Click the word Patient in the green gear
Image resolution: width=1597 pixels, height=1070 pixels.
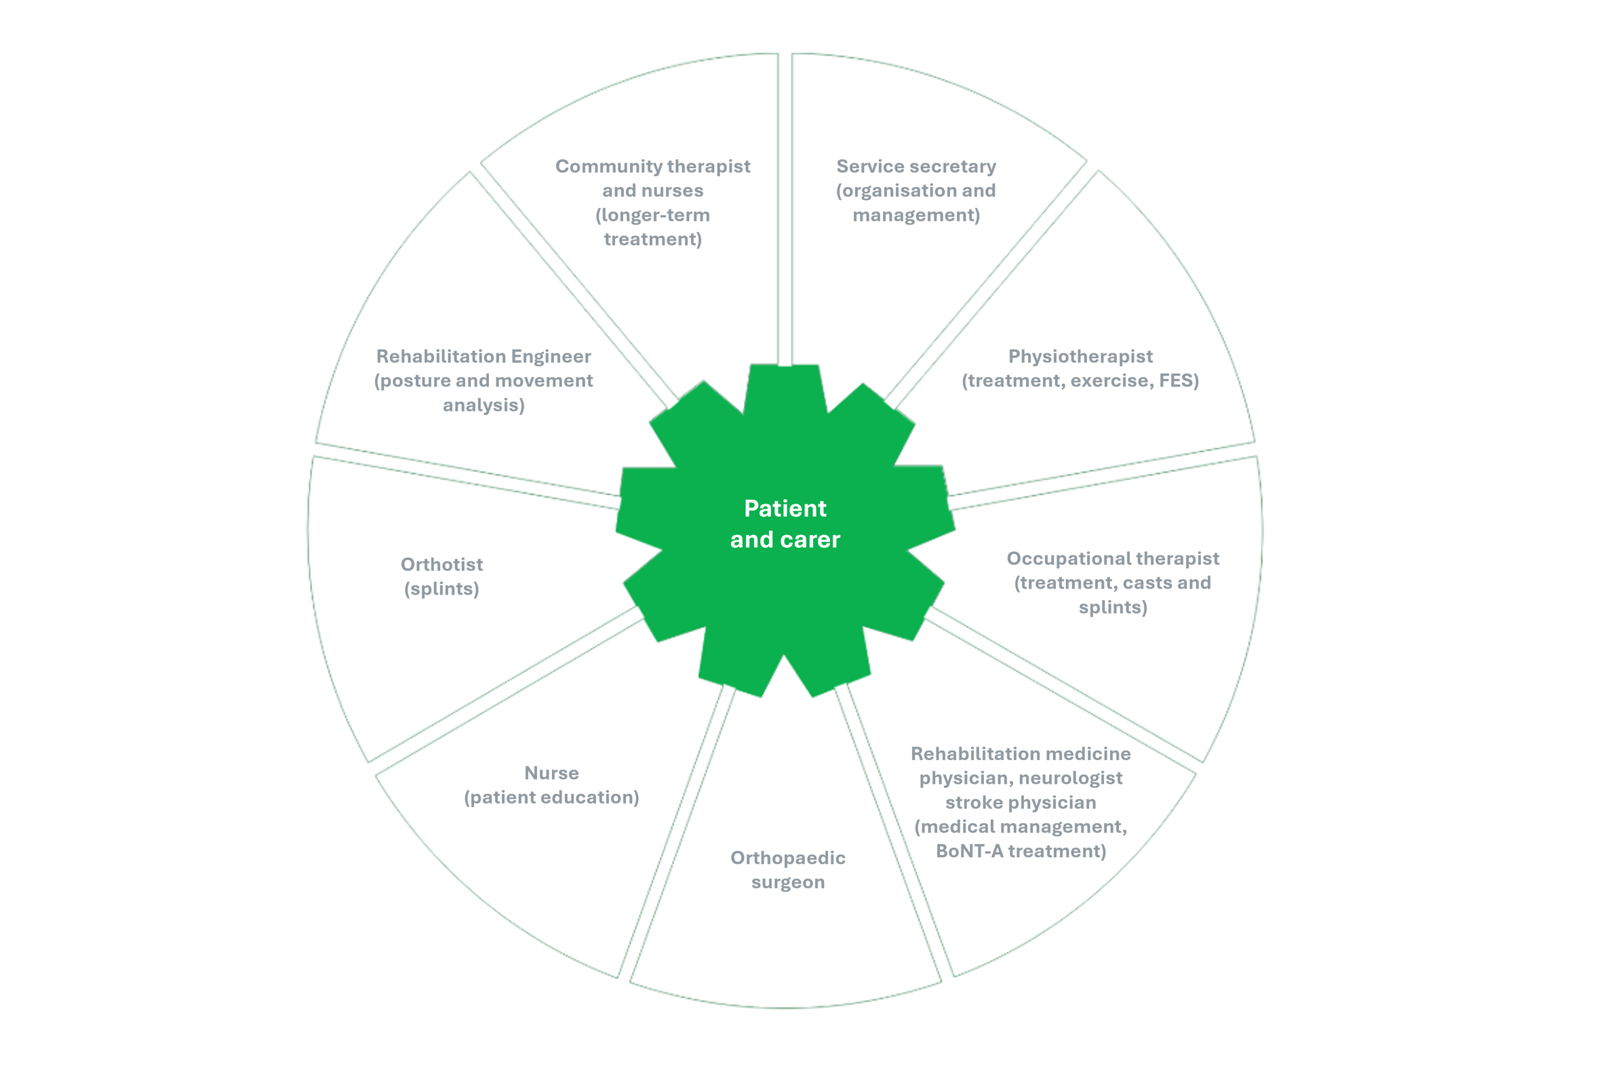point(785,509)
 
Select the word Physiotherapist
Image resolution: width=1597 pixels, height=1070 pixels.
point(1080,357)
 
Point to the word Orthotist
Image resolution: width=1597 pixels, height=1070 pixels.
point(441,564)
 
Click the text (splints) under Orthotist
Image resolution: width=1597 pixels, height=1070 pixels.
point(441,589)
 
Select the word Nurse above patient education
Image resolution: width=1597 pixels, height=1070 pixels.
point(551,773)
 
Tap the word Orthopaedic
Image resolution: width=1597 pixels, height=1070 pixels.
point(787,858)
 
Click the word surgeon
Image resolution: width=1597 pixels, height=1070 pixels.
point(787,882)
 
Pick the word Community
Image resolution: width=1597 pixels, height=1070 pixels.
point(608,167)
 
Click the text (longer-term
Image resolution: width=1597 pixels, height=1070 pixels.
point(652,216)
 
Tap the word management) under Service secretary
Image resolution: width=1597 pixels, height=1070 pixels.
point(916,216)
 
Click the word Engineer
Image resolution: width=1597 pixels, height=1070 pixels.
point(551,357)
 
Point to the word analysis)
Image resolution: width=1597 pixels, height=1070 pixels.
point(484,405)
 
